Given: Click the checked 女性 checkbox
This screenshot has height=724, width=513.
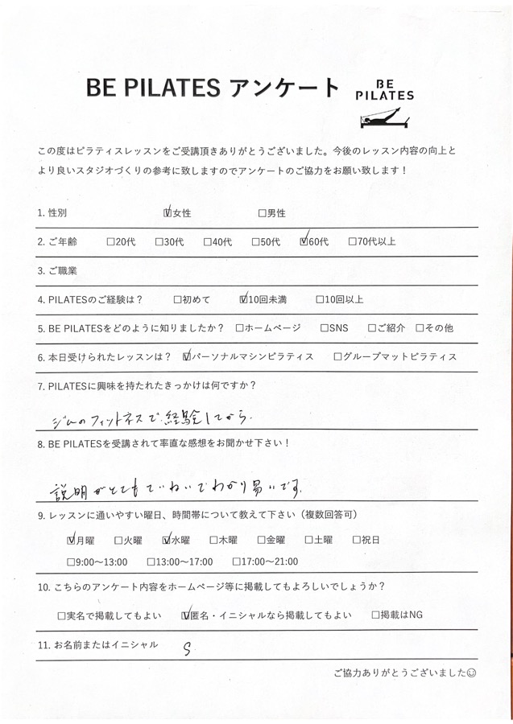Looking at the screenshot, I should tap(168, 213).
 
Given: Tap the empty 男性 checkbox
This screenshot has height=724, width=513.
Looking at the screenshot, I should tap(262, 213).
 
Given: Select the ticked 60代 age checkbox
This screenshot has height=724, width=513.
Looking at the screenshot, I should tap(304, 241).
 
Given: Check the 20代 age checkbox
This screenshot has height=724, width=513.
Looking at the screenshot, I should tap(110, 241).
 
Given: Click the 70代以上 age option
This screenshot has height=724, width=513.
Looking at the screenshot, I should tap(352, 241).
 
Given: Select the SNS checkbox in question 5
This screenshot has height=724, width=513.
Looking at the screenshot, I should tap(323, 328).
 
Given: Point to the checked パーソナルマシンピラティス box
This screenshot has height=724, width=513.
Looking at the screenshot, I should tap(188, 356).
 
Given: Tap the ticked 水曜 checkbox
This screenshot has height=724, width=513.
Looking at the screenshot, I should tap(167, 541).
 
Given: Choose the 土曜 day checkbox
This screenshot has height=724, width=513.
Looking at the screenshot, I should tap(307, 541).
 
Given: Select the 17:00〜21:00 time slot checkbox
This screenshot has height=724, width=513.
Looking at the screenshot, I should tap(236, 562).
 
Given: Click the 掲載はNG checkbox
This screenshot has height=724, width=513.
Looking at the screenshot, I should tap(376, 616).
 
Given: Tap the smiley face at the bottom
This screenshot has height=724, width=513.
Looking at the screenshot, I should tap(471, 672).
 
